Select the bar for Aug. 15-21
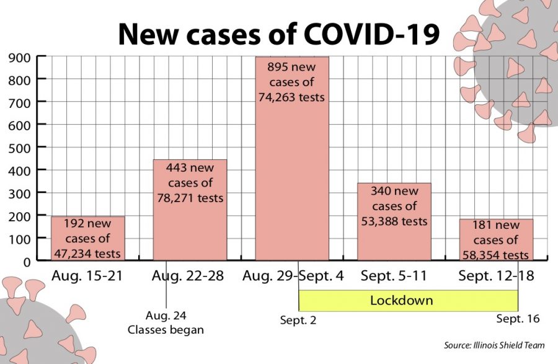(x=87, y=238)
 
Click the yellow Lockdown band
(x=408, y=301)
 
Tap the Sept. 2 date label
(x=298, y=320)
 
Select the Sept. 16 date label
(x=518, y=319)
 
